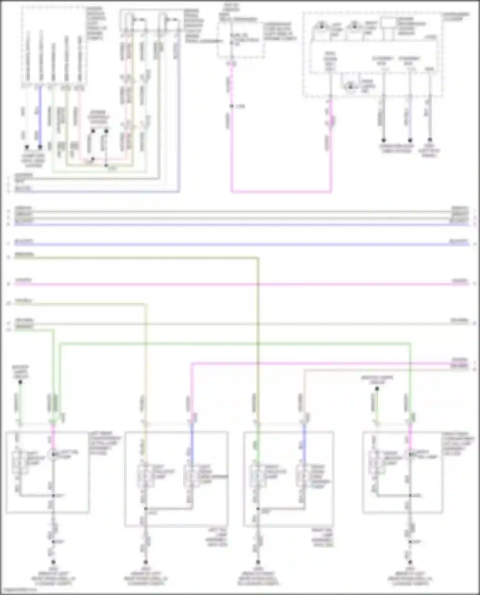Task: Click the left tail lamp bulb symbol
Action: tap(53, 454)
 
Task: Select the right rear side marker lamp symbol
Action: tap(304, 476)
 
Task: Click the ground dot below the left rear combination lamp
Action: tap(53, 562)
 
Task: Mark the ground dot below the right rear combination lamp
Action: tap(410, 562)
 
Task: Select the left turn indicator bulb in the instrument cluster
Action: tap(321, 26)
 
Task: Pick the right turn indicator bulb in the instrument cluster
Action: tap(355, 26)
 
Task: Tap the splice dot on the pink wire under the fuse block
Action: tap(231, 106)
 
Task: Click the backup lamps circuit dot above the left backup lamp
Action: tap(20, 382)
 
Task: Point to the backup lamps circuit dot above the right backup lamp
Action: tap(377, 389)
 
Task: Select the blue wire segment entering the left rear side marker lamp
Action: tap(192, 443)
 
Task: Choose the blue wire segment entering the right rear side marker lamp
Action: tap(304, 443)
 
